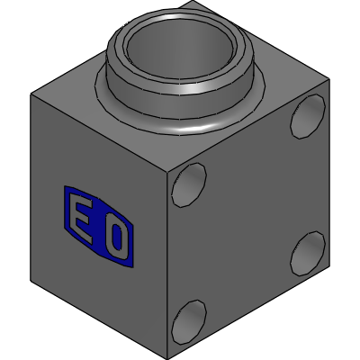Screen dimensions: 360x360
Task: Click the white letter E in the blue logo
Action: click(81, 219)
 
